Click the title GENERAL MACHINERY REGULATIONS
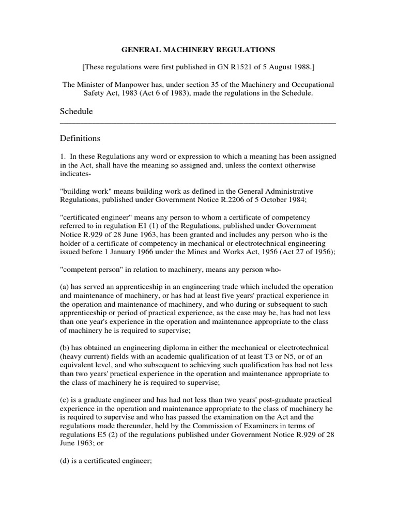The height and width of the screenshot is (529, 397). click(198, 50)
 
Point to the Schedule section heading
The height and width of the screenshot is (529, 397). click(77, 111)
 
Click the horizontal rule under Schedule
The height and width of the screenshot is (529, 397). click(198, 123)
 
